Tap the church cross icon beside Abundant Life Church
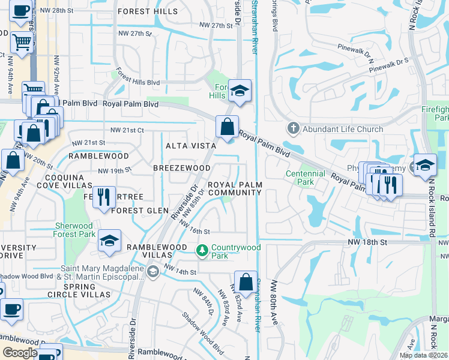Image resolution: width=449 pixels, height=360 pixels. click(294, 128)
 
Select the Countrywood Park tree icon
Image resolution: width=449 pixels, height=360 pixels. click(203, 249)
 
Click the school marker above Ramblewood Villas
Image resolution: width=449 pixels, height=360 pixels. click(109, 240)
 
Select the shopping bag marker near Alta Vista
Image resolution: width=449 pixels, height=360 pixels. click(227, 127)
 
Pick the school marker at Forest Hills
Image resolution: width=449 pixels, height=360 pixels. click(239, 91)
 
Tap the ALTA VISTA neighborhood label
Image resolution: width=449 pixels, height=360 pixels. click(191, 146)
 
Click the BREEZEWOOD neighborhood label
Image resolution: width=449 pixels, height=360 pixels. click(181, 168)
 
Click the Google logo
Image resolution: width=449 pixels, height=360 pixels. click(20, 353)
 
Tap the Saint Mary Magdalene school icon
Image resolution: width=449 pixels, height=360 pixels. click(152, 272)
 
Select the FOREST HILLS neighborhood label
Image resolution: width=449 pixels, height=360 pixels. click(148, 11)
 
